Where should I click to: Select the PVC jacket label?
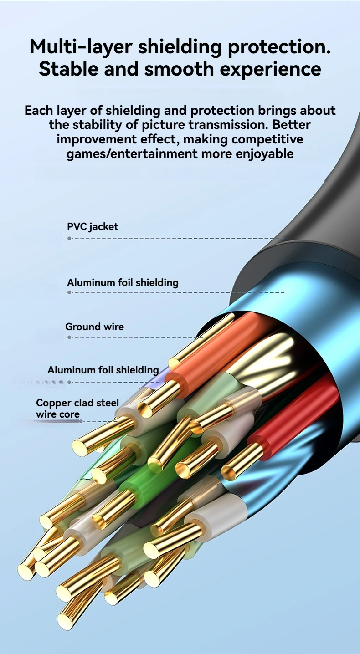pos(93,226)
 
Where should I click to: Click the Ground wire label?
pos(94,327)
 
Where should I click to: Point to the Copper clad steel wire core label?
pos(77,408)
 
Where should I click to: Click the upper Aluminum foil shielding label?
pos(123,282)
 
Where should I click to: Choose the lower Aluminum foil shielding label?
pos(103,370)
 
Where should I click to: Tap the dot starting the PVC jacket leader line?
pos(69,239)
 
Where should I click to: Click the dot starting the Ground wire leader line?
pos(69,337)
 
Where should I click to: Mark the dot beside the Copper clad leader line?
pos(81,421)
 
